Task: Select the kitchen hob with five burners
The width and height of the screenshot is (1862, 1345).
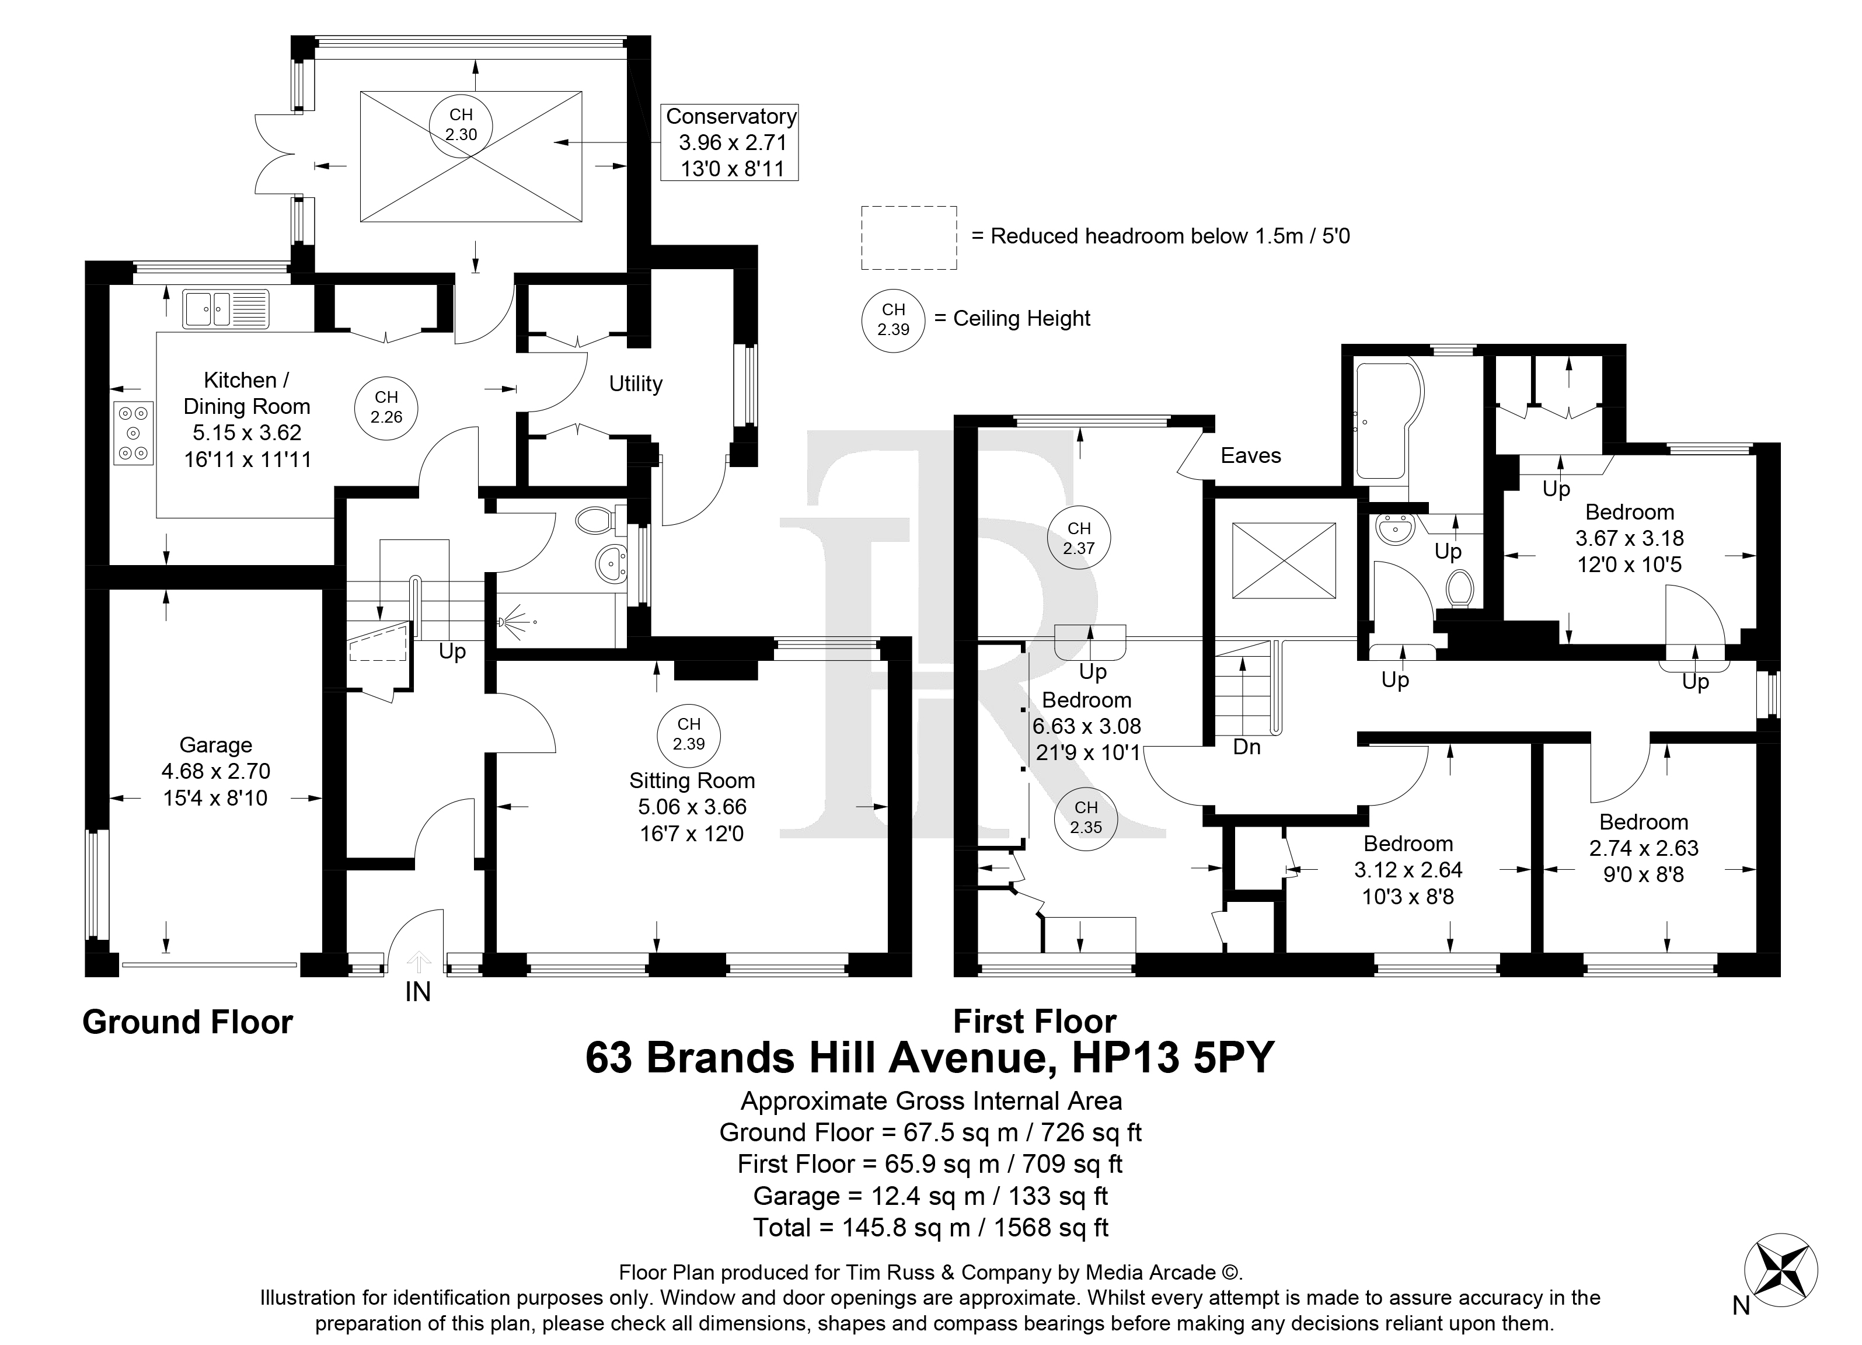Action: pyautogui.click(x=134, y=433)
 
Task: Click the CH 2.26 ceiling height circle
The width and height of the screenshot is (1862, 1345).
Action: pyautogui.click(x=386, y=407)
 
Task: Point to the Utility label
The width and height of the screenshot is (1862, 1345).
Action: pyautogui.click(x=636, y=384)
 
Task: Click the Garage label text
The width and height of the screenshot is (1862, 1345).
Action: pyautogui.click(x=216, y=745)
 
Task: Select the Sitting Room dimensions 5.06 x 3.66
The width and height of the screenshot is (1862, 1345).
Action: pyautogui.click(x=692, y=807)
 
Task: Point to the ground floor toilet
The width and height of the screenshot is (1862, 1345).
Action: pyautogui.click(x=597, y=520)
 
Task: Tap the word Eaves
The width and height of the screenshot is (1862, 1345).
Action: pyautogui.click(x=1250, y=456)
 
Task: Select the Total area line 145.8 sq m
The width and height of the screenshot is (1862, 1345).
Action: pyautogui.click(x=931, y=1228)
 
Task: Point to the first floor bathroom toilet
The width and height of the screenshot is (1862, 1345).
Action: pyautogui.click(x=1460, y=589)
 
